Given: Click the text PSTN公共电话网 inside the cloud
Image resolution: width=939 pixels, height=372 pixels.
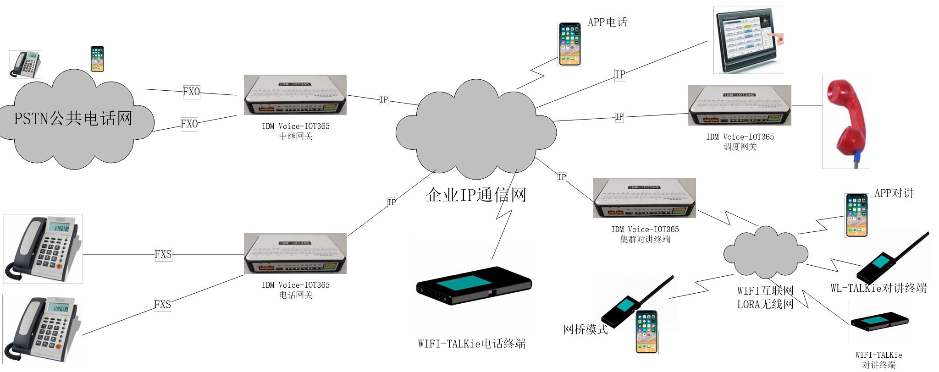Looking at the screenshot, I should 73,119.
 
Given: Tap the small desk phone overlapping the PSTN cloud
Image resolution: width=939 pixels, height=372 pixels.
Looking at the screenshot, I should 25,65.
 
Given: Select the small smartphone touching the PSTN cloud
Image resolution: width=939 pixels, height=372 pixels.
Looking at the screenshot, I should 97,59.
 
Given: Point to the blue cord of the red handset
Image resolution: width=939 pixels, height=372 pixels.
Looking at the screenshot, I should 855,160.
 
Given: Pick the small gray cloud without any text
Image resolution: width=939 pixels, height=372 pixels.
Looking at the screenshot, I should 765,253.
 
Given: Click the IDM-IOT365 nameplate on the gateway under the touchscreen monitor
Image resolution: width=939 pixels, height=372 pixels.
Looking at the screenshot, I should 739,95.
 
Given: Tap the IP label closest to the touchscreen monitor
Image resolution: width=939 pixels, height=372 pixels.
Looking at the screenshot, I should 620,75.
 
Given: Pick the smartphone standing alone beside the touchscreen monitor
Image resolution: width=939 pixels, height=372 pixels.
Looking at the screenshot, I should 569,44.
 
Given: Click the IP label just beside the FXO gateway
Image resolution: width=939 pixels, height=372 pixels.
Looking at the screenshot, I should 384,100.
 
